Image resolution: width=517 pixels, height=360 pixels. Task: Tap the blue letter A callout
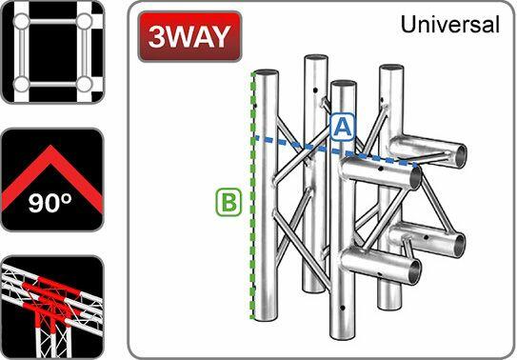pos(343,126)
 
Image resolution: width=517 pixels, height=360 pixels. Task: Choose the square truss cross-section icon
pos(51,52)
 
